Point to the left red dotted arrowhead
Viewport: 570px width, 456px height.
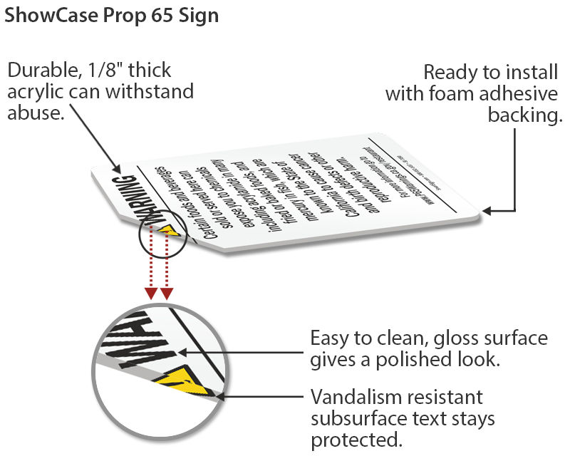click(151, 294)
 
